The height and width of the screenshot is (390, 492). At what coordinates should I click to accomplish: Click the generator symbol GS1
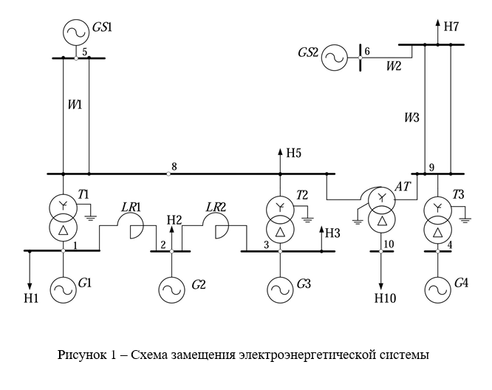75,32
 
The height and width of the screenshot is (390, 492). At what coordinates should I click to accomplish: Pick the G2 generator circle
171,286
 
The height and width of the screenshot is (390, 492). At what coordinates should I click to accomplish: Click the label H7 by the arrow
451,27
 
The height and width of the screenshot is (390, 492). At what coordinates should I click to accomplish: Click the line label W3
411,117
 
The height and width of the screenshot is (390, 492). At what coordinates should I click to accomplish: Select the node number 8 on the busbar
174,166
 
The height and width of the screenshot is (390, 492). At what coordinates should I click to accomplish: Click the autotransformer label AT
402,188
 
